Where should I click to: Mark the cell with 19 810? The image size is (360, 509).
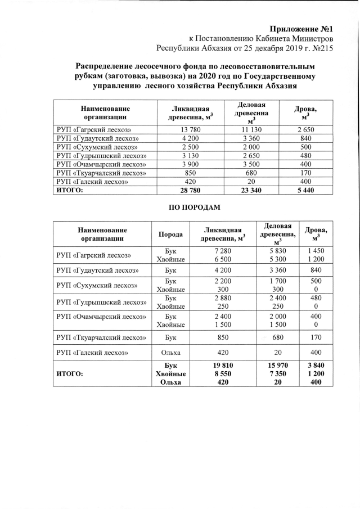[x=216, y=366]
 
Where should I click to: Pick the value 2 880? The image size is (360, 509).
[x=216, y=298]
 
